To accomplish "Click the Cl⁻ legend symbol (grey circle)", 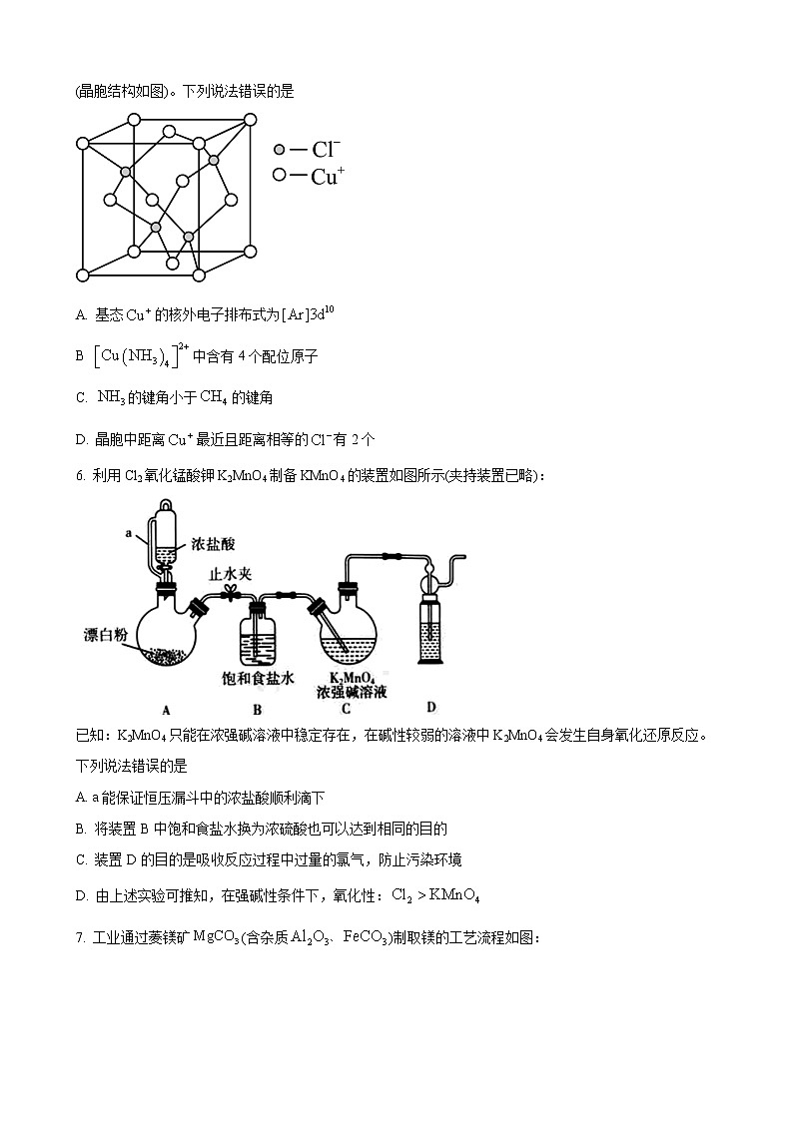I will [x=280, y=150].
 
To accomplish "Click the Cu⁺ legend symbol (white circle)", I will [x=280, y=176].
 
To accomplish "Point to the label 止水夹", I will [x=231, y=574].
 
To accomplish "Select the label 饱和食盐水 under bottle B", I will [x=258, y=678].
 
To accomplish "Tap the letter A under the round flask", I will [x=167, y=710].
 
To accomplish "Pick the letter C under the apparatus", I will [x=346, y=709].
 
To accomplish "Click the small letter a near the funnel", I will [x=130, y=534].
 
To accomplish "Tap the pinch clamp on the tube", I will [x=231, y=595].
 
